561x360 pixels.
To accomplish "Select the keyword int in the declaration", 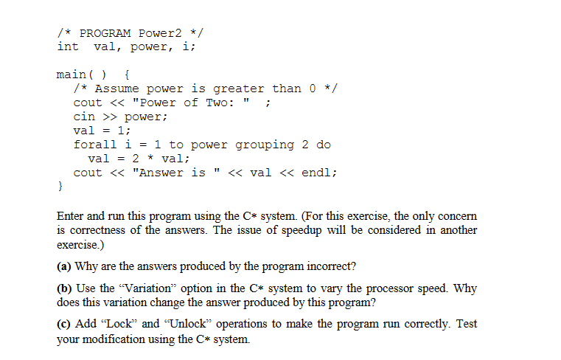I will pos(68,46).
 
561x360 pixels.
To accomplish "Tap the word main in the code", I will pos(72,75).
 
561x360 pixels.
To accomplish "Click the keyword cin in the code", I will pos(83,117).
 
